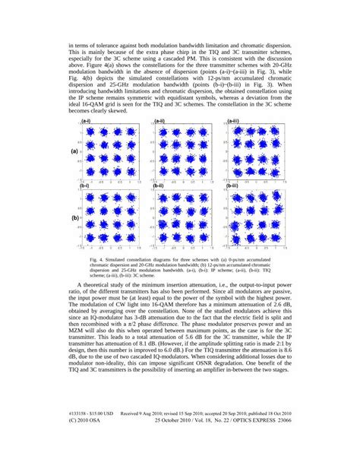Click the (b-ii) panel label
160,185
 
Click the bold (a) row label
75,152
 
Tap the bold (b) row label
75,217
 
